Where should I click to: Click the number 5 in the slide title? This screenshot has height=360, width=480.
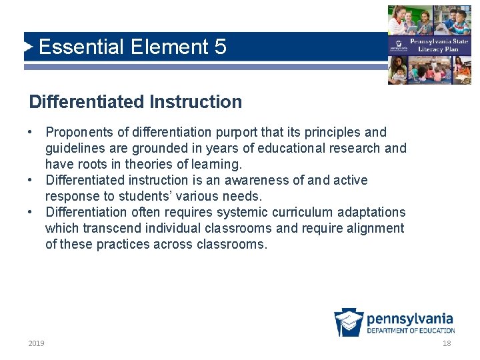[x=220, y=47]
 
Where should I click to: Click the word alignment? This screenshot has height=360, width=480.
[x=376, y=228]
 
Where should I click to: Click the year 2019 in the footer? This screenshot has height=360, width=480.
[x=37, y=343]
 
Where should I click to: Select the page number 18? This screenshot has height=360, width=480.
[x=447, y=343]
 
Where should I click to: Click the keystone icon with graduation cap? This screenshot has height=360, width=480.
[x=349, y=323]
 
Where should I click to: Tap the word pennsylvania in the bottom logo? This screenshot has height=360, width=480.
[x=410, y=319]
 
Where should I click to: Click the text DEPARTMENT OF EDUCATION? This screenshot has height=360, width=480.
[x=411, y=331]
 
